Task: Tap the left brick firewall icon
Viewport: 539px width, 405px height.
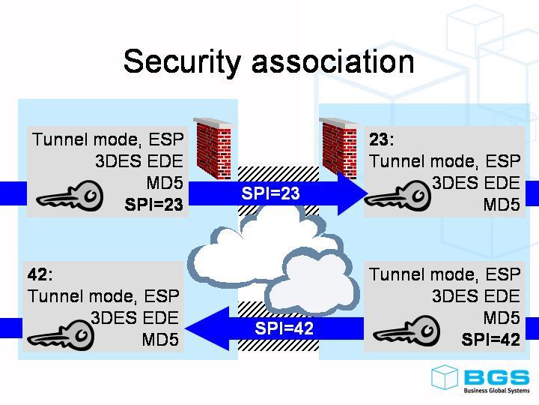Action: pyautogui.click(x=213, y=149)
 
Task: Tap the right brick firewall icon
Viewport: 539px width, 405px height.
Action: pyautogui.click(x=338, y=148)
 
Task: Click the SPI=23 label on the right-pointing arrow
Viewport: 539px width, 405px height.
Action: pyautogui.click(x=270, y=193)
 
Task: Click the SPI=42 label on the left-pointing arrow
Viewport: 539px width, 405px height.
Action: pyautogui.click(x=284, y=328)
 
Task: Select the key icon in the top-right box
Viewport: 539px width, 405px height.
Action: pyautogui.click(x=398, y=197)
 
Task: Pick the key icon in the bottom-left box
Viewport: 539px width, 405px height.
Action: pyautogui.click(x=62, y=334)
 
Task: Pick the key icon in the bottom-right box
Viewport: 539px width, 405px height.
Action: pyautogui.click(x=406, y=331)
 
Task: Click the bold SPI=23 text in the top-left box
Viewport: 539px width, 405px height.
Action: pyautogui.click(x=153, y=204)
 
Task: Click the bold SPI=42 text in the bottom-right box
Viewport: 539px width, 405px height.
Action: pyautogui.click(x=490, y=340)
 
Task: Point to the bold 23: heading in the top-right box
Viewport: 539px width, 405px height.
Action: pyautogui.click(x=382, y=140)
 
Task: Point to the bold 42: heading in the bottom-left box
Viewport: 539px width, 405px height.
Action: pyautogui.click(x=40, y=274)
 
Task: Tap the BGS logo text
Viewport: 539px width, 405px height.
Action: pyautogui.click(x=496, y=377)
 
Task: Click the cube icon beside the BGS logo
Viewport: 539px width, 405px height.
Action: pyautogui.click(x=445, y=377)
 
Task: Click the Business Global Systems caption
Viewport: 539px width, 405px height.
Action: pyautogui.click(x=496, y=391)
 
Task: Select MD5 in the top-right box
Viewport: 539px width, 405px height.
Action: pyautogui.click(x=501, y=204)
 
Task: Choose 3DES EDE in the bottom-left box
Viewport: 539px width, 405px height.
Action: pyautogui.click(x=135, y=317)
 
